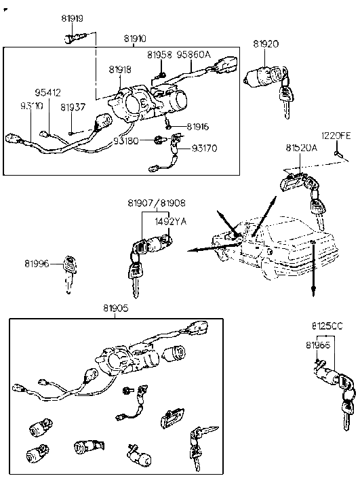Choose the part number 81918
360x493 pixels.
(x=120, y=69)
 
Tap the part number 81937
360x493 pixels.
(x=73, y=106)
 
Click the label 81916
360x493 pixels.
(x=197, y=126)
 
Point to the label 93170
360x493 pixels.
(x=204, y=148)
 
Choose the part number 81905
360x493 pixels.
(x=115, y=307)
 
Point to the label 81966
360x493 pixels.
(x=317, y=345)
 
